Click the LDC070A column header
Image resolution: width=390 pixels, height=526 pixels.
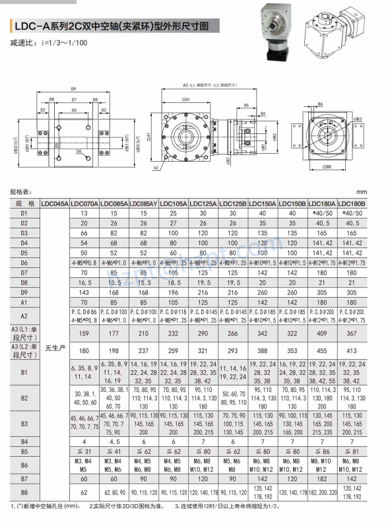(84, 204)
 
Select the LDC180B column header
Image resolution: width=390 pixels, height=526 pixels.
(352, 204)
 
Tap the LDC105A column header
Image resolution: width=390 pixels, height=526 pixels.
(174, 204)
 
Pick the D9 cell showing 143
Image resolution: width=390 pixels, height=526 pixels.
(84, 292)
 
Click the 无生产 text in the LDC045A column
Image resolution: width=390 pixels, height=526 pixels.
(55, 346)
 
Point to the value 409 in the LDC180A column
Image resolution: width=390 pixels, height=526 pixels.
(322, 332)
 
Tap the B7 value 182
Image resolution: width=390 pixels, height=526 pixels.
(322, 478)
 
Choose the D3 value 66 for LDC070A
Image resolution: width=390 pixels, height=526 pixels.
(84, 233)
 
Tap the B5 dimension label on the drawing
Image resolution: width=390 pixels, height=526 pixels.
(246, 105)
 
